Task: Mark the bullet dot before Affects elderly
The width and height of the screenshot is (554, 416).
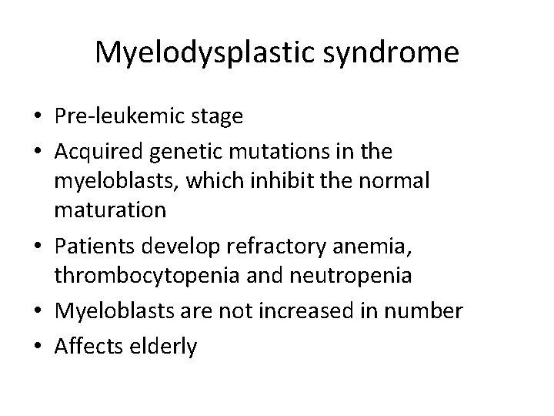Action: point(38,347)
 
